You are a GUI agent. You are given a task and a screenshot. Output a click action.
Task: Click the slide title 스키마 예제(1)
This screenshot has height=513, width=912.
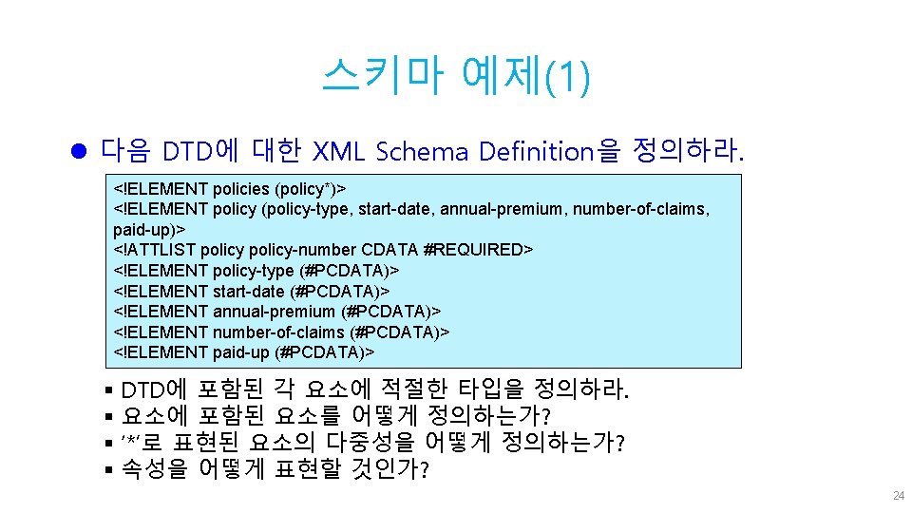pos(455,76)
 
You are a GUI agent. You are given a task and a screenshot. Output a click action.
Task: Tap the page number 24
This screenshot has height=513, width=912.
pos(898,497)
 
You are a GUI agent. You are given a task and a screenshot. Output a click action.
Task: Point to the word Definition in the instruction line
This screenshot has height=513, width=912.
pos(537,151)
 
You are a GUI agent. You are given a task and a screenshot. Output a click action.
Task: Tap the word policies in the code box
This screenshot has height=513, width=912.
pos(240,188)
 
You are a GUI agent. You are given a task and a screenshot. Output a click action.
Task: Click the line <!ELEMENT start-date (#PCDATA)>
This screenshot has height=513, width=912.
pos(252,291)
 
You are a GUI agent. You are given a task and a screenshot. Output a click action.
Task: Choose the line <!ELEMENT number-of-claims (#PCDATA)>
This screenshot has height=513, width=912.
pos(281,332)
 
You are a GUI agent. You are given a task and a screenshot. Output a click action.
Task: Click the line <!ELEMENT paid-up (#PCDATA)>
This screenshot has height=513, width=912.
pos(244,351)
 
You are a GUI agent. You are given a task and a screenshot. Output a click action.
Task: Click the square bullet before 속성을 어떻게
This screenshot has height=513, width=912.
pos(111,469)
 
